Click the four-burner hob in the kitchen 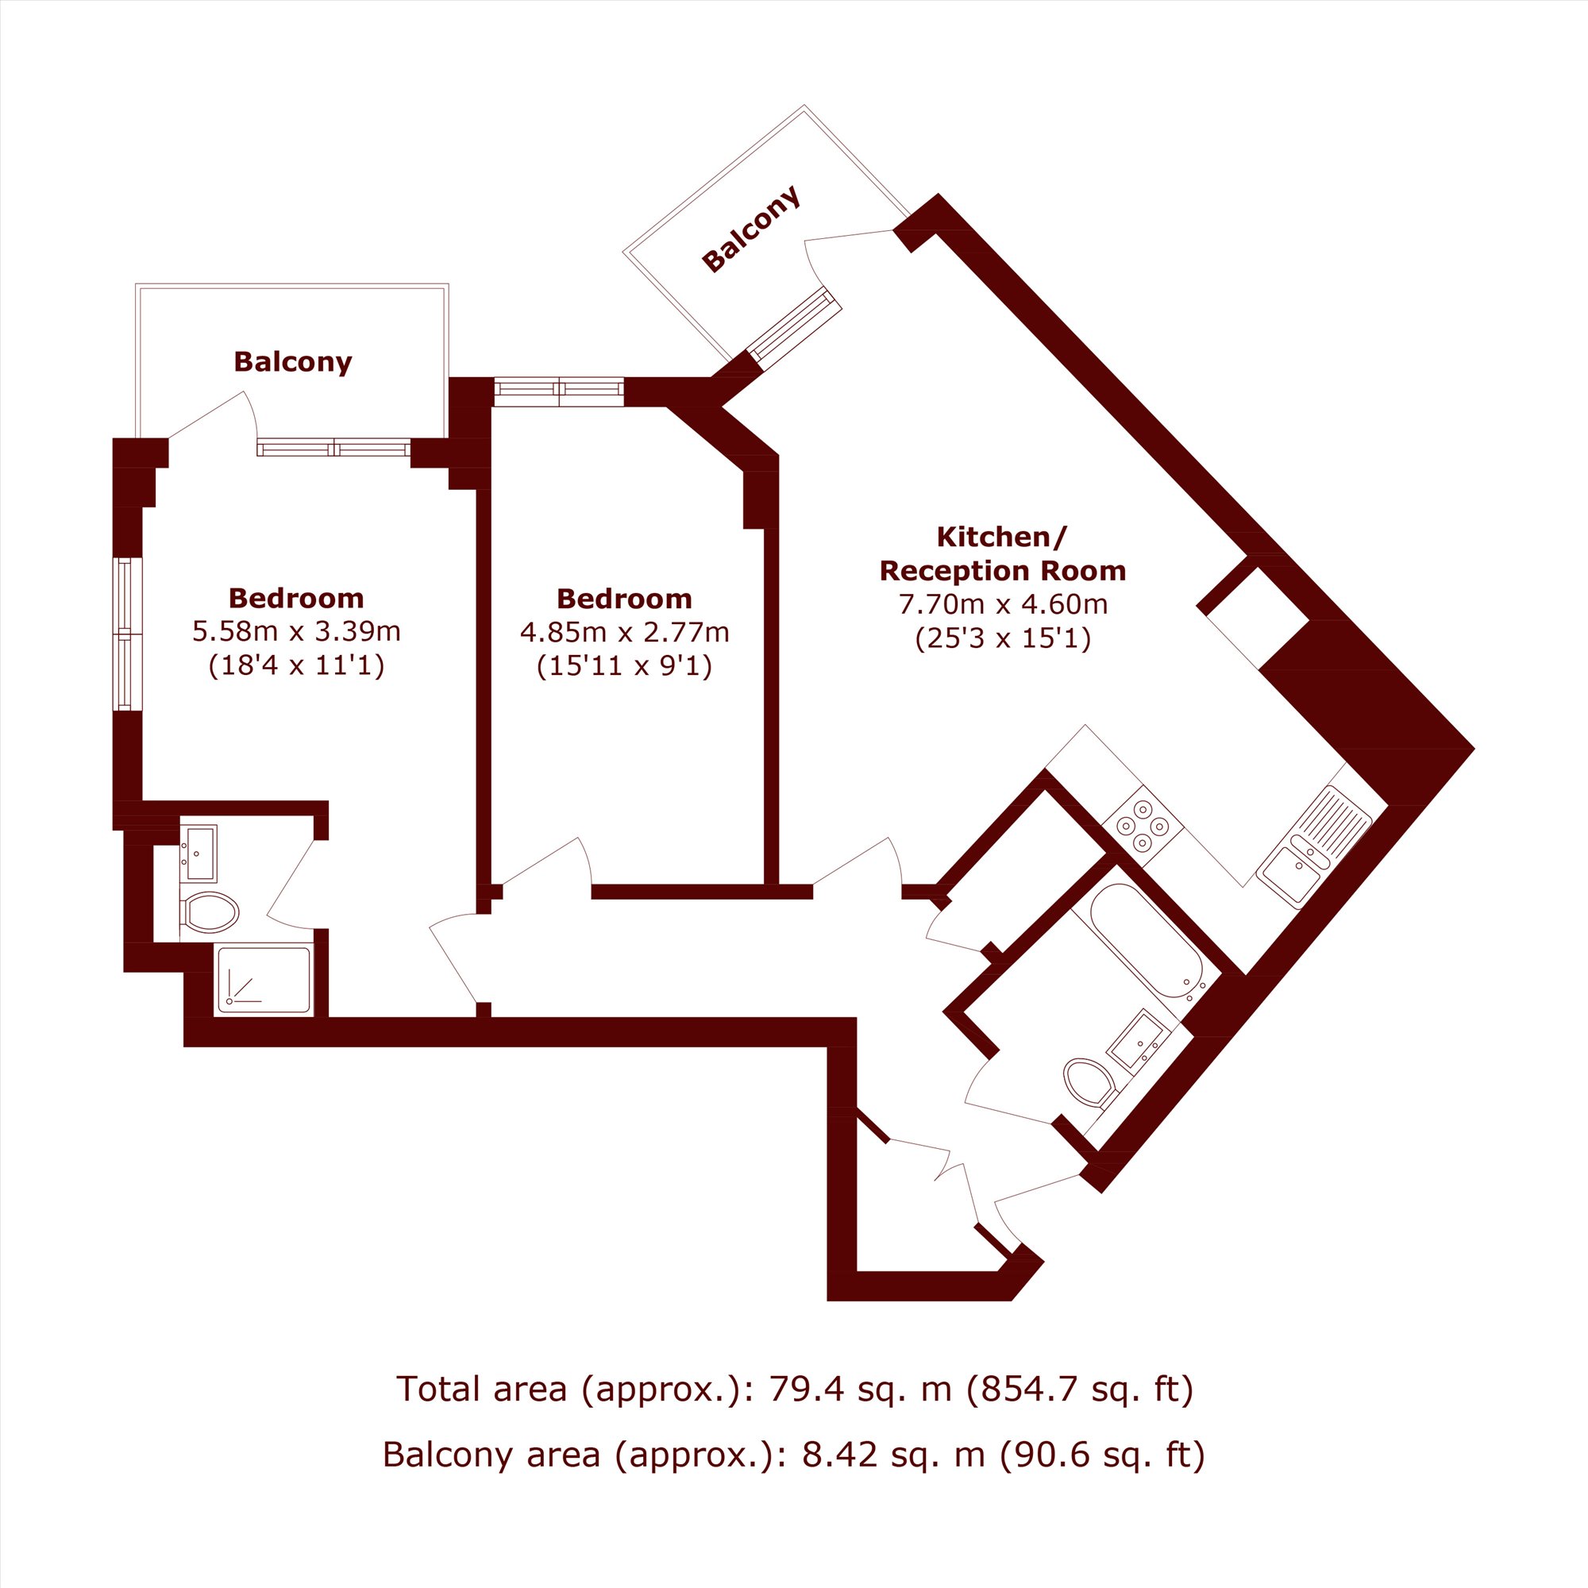point(1143,824)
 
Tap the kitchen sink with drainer point(1316,846)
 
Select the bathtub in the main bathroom point(1147,942)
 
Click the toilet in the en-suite point(210,912)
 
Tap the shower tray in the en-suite point(264,980)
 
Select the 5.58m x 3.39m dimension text point(297,631)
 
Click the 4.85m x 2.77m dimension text point(625,632)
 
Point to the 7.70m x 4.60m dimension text point(1003,604)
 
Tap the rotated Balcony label point(750,229)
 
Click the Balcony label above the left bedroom point(293,361)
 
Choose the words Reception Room point(1003,570)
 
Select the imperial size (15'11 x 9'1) point(625,666)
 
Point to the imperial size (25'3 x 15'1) point(1003,638)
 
